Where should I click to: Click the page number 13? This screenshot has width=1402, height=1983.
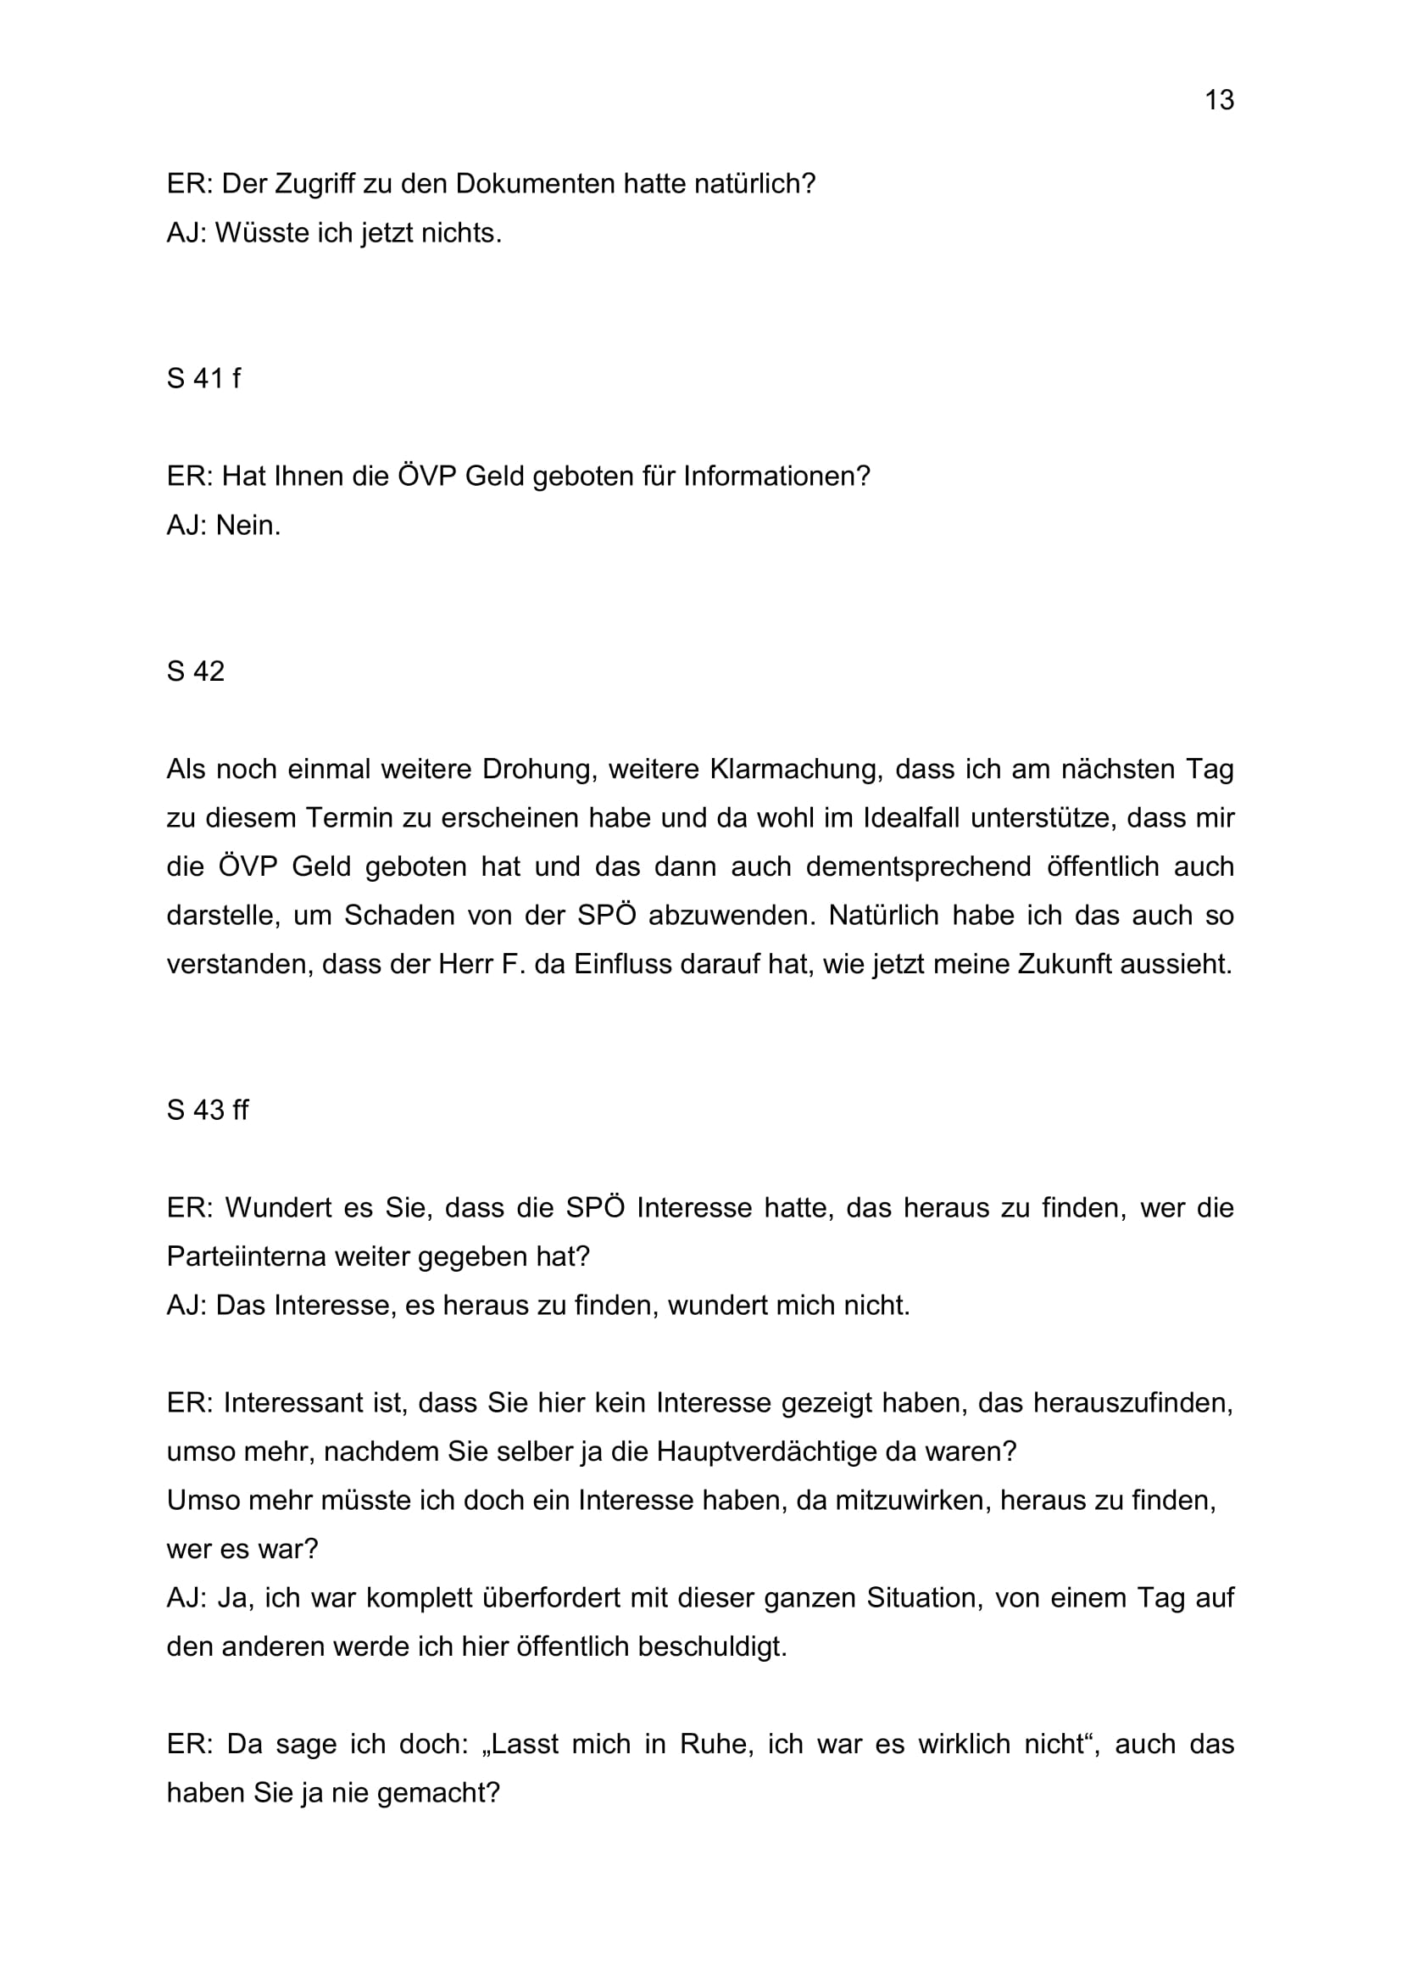1219,100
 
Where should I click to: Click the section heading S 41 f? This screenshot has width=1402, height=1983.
203,378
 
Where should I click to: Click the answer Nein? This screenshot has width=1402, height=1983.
248,525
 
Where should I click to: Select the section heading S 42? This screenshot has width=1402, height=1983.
196,671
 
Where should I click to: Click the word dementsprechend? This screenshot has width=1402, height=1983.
919,866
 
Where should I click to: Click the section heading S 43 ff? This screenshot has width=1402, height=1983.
207,1110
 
